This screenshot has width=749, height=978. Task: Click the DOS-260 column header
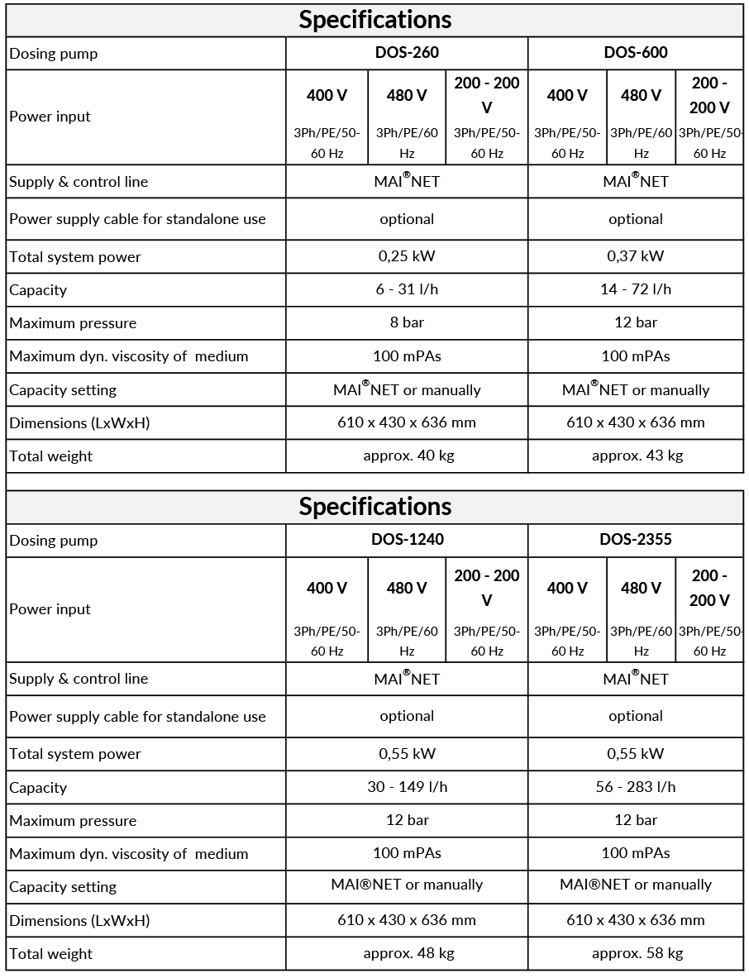click(x=407, y=53)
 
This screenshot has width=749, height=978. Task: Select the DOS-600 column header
click(x=635, y=53)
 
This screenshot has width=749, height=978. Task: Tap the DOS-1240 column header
click(x=407, y=540)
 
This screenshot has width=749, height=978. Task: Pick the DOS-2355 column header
click(x=635, y=540)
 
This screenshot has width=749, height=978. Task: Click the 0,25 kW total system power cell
click(x=407, y=256)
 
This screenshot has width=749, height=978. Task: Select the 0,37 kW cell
click(x=635, y=256)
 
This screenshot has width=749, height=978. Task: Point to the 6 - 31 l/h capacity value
click(x=407, y=289)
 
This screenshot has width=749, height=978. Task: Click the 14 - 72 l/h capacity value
click(x=635, y=289)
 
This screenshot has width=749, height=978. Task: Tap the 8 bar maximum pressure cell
click(x=407, y=322)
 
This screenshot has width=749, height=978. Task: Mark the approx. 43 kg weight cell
click(x=637, y=456)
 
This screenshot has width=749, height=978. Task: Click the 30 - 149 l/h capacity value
click(x=407, y=787)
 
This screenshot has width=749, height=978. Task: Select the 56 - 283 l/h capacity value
click(x=635, y=787)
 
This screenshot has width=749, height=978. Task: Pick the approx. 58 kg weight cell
click(x=637, y=953)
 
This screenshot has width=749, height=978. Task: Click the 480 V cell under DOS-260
click(x=407, y=96)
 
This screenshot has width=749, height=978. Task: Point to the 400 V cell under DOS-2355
click(x=567, y=589)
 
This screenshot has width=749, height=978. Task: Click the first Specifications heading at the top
click(x=374, y=20)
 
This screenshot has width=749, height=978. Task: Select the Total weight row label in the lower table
click(x=50, y=954)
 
